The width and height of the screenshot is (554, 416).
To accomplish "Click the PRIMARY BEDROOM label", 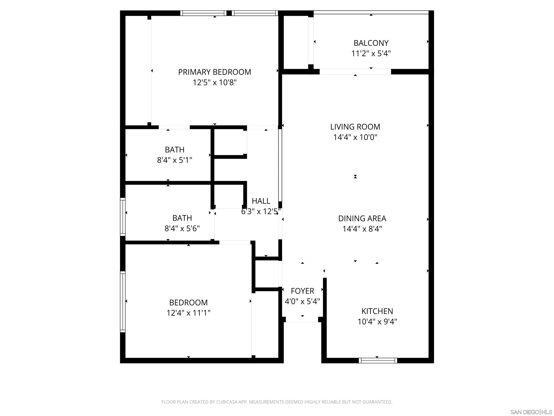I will [214, 72].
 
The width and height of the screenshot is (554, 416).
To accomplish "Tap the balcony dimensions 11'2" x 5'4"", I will [371, 54].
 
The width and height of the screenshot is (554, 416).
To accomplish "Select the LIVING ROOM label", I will [355, 127].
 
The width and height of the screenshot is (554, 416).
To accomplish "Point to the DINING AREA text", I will [362, 219].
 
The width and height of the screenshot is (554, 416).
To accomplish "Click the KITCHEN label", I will [377, 311].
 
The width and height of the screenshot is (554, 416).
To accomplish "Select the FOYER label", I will [302, 291].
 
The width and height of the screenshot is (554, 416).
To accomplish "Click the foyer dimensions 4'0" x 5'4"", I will [302, 301].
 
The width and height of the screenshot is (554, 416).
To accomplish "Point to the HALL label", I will [261, 201].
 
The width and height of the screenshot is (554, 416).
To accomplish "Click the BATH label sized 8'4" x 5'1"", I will [175, 150].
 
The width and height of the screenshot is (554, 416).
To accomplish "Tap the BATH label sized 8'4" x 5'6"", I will [182, 218].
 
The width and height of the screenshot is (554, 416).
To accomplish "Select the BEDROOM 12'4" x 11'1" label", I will [188, 303].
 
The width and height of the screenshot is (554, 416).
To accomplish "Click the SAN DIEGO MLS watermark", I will [531, 412].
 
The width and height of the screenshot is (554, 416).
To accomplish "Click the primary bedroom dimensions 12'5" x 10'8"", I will [214, 83].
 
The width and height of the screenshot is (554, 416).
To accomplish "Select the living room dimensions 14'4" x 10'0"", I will [355, 137].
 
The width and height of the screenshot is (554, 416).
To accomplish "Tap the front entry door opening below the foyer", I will [302, 320].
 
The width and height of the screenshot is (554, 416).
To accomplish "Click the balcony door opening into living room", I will [355, 72].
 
